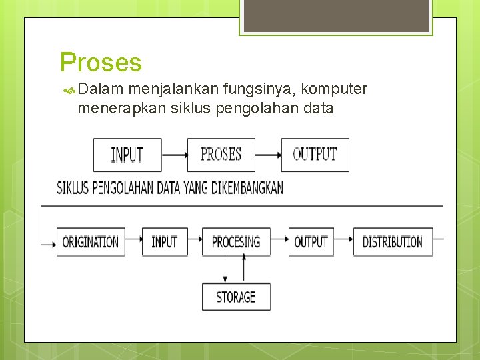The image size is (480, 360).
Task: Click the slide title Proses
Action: (x=101, y=63)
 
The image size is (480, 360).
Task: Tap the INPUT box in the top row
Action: (x=127, y=155)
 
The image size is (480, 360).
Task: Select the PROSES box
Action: (x=221, y=155)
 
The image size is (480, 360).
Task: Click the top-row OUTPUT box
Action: (x=315, y=155)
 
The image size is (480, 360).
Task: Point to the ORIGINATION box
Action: (x=90, y=242)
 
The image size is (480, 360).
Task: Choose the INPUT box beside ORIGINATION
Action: (x=164, y=242)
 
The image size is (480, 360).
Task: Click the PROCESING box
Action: (x=236, y=242)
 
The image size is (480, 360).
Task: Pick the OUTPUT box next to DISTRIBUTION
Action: (x=311, y=242)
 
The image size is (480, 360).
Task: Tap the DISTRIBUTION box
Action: (x=392, y=242)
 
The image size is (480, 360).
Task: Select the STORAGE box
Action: (x=236, y=297)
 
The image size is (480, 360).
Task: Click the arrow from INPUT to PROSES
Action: (x=174, y=155)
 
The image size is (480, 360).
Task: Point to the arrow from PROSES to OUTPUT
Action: (x=268, y=155)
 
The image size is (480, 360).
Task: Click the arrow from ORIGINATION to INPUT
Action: (x=132, y=242)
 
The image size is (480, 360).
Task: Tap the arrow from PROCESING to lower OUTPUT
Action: (x=279, y=242)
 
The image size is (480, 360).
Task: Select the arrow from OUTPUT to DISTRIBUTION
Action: (x=343, y=242)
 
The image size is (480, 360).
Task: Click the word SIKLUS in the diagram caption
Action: (x=72, y=188)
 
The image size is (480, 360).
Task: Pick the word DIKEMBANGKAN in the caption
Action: (x=247, y=188)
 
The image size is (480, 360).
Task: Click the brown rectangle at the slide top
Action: (x=336, y=15)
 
